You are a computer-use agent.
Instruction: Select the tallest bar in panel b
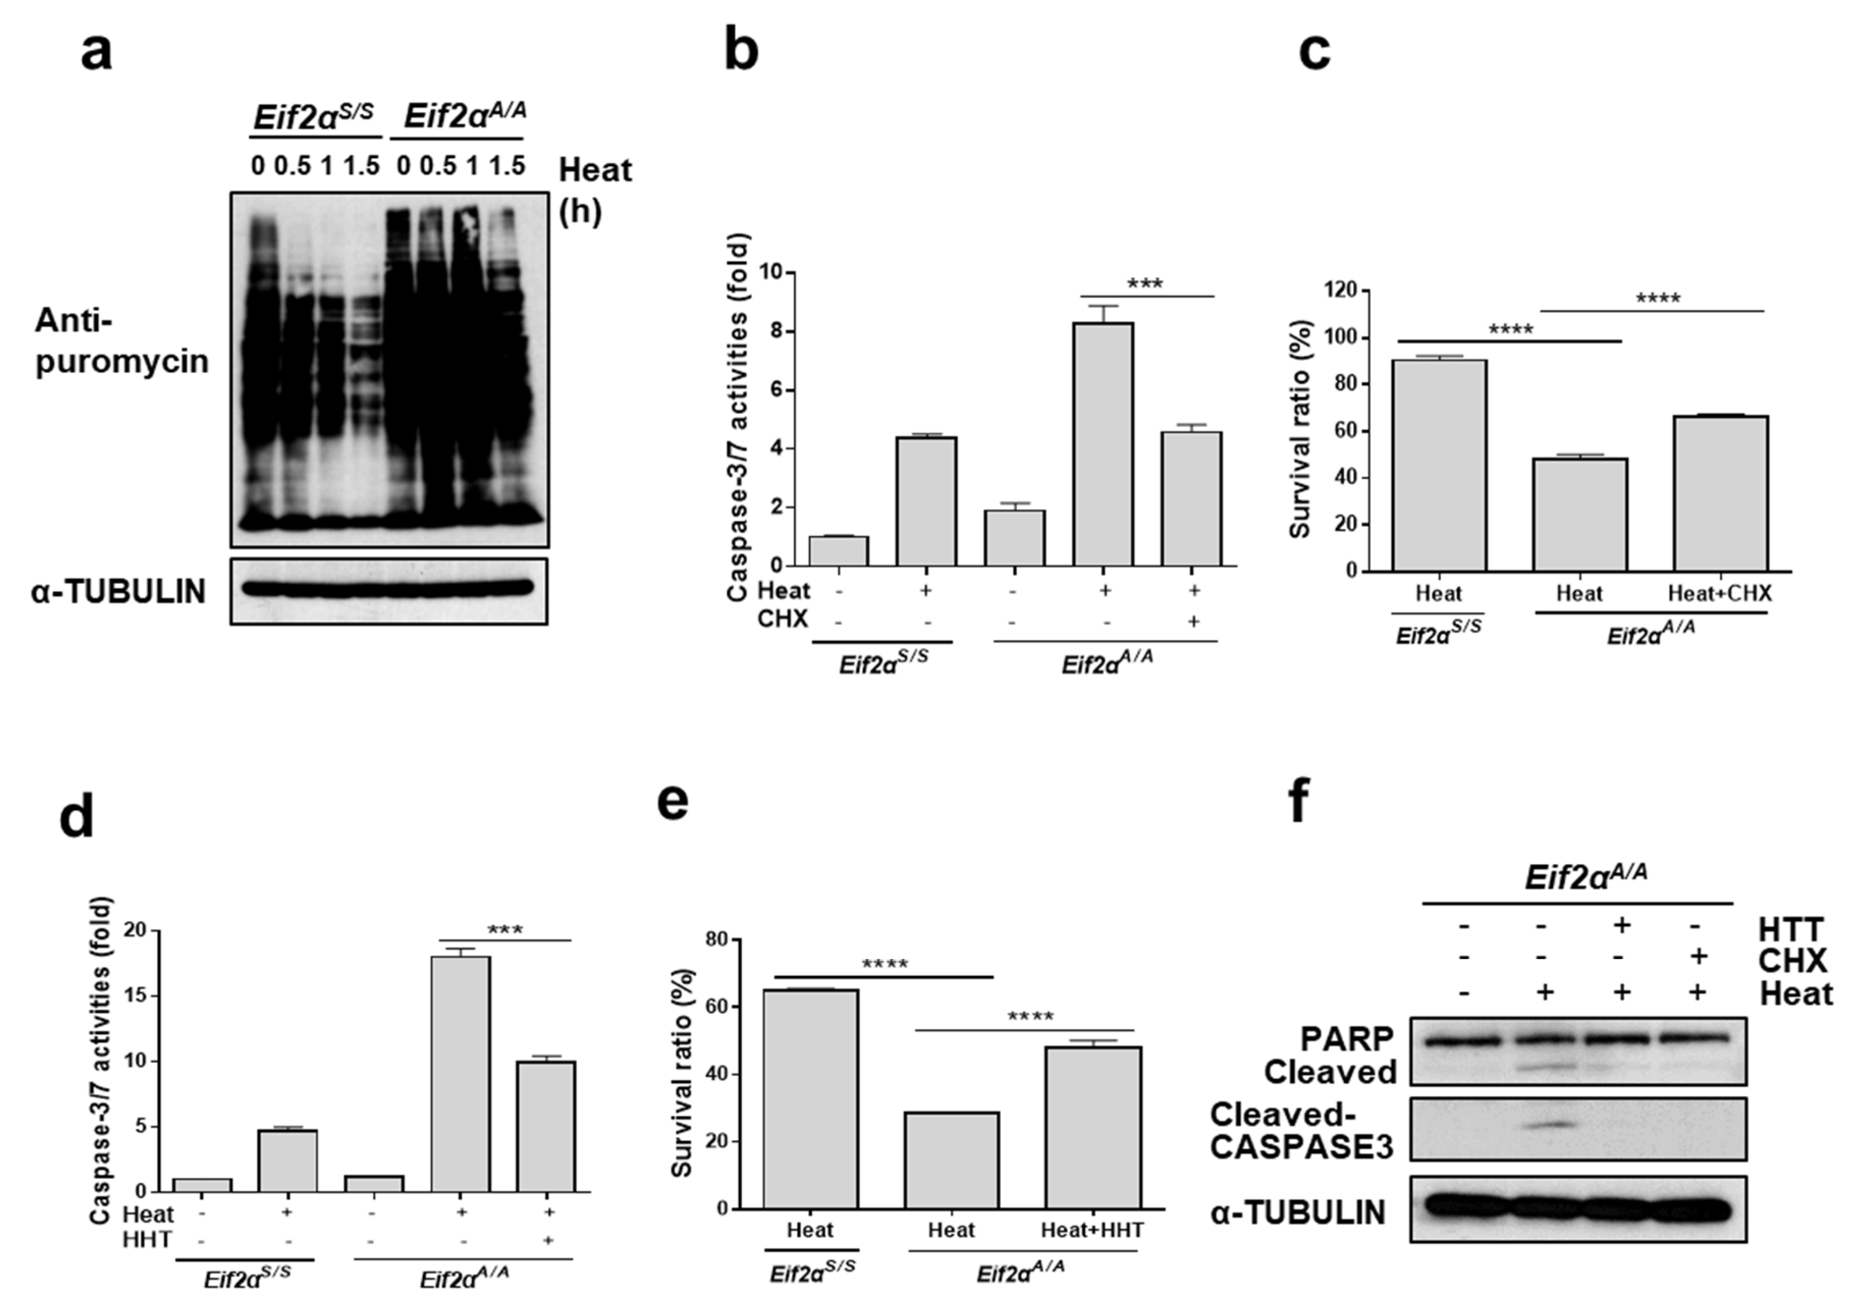[1102, 444]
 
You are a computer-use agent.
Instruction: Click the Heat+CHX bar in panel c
[1720, 493]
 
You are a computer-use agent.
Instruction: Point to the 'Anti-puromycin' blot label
[121, 342]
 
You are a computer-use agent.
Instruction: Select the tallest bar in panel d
[460, 1074]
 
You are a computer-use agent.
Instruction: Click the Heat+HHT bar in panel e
[1092, 1128]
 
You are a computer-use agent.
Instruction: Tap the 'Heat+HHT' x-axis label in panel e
[1092, 1230]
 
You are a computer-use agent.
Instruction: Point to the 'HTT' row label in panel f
[1790, 930]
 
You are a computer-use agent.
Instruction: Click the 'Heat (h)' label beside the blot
[595, 189]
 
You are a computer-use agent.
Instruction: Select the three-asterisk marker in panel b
[1145, 284]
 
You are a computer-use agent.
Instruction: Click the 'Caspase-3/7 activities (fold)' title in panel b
[738, 417]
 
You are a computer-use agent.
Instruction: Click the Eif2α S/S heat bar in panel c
[1439, 466]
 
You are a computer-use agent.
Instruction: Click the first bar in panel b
[839, 551]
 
